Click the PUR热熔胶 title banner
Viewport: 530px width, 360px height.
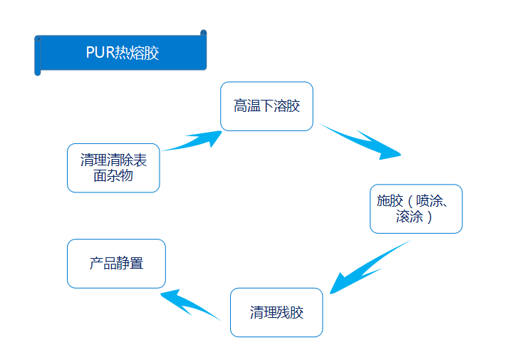(x=120, y=53)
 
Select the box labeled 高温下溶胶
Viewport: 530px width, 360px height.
(x=266, y=106)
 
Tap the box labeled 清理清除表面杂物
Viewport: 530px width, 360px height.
(x=113, y=168)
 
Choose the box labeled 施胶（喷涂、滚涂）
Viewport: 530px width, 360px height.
(x=416, y=209)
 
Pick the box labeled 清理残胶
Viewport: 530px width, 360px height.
(x=276, y=312)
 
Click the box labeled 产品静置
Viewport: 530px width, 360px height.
(x=116, y=264)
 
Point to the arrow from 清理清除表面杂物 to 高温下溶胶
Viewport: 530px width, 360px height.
(x=191, y=140)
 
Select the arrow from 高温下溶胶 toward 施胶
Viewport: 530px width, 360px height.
(x=360, y=141)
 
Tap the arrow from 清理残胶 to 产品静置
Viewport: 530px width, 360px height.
(x=188, y=304)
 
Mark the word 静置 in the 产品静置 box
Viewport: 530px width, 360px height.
(x=130, y=264)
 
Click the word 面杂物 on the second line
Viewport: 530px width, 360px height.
(x=113, y=175)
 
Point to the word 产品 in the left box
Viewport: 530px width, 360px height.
(x=103, y=264)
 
